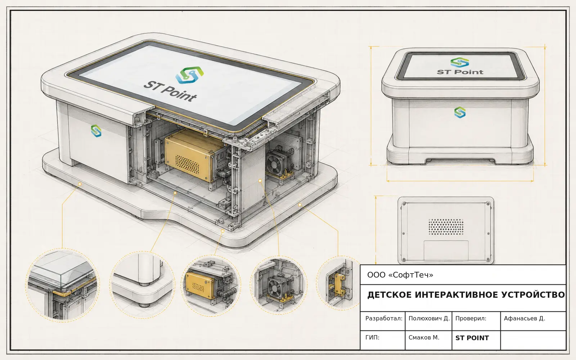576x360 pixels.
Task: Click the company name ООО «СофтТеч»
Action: [x=400, y=275]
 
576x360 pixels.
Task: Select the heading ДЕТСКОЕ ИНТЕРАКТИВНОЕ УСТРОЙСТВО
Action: [x=466, y=295]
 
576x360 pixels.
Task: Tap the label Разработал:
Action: [x=384, y=319]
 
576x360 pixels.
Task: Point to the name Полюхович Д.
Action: [x=429, y=319]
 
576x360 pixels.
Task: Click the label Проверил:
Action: [x=471, y=319]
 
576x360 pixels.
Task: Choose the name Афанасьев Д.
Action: [x=524, y=319]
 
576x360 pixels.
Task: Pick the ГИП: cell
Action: [x=372, y=337]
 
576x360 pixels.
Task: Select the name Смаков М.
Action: [x=424, y=337]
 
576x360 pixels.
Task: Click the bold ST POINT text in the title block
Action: [x=472, y=338]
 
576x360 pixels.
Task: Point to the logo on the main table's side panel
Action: [x=96, y=131]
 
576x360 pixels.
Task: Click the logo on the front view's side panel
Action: [x=460, y=112]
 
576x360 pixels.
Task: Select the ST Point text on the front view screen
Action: [x=460, y=72]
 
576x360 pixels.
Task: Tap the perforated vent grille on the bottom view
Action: [x=446, y=227]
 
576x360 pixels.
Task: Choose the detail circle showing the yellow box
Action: [x=211, y=285]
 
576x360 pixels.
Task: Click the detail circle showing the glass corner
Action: [x=62, y=285]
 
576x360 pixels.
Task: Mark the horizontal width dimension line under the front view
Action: [x=460, y=181]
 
